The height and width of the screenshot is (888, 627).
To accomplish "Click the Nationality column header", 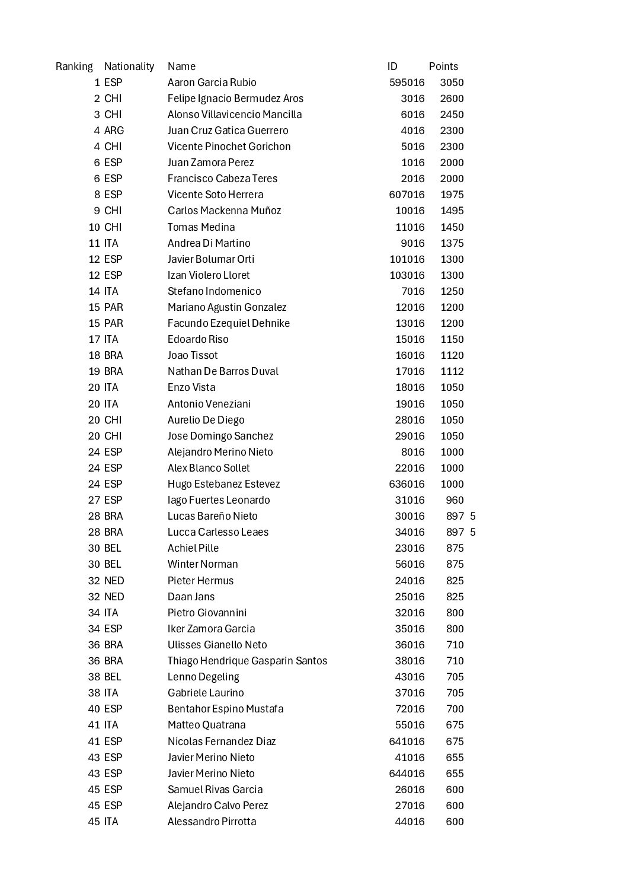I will click(x=129, y=66).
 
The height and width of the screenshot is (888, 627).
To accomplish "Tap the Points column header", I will click(x=443, y=66).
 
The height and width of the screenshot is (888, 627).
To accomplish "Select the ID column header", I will click(x=392, y=66).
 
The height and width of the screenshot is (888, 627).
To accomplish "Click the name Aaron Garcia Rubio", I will click(x=212, y=82).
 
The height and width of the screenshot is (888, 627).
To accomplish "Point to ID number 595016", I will click(x=407, y=82).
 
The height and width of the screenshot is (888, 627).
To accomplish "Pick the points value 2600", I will click(x=452, y=98).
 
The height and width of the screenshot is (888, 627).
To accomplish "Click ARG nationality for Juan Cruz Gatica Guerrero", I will click(x=114, y=131).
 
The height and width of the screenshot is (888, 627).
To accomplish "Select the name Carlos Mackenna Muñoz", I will click(x=224, y=211).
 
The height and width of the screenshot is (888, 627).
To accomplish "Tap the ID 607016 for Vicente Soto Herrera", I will click(x=407, y=195).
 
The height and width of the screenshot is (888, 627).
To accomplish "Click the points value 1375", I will click(x=452, y=243).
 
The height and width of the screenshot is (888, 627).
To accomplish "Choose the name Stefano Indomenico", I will click(x=214, y=291).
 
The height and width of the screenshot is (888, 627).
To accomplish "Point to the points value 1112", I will click(x=452, y=371).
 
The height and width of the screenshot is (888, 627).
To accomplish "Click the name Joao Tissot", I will click(x=193, y=355).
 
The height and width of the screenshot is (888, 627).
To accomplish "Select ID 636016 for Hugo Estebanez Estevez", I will click(x=407, y=484).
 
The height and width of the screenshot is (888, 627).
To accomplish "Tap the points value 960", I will click(x=455, y=500).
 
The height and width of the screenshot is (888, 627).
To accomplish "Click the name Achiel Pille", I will click(x=193, y=548).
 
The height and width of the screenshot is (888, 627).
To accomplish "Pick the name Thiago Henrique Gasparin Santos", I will click(x=247, y=661).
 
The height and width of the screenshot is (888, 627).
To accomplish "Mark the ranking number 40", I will click(x=94, y=709).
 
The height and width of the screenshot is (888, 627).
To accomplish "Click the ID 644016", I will click(x=407, y=774).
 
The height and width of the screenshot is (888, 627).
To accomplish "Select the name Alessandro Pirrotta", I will click(x=212, y=822).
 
